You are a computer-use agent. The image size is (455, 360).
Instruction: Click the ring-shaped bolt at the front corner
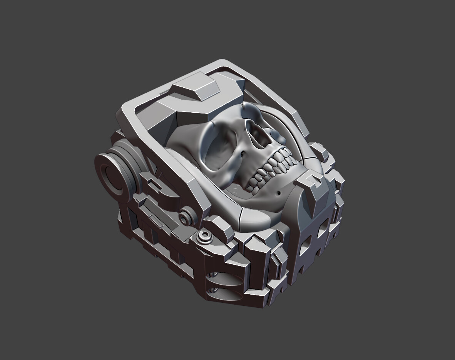click(x=204, y=236)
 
